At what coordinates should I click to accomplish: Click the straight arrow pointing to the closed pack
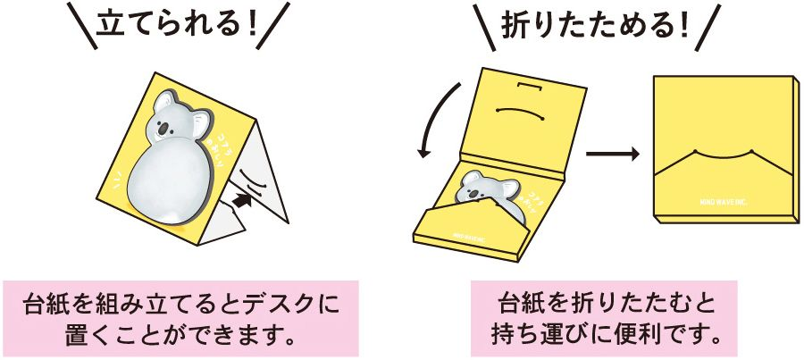pyautogui.click(x=612, y=154)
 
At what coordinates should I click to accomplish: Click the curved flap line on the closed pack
pyautogui.click(x=724, y=157)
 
